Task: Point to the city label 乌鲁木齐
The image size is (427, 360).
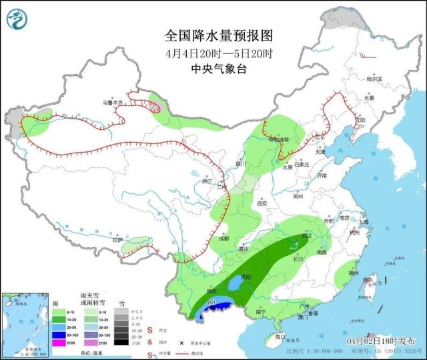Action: click(x=113, y=103)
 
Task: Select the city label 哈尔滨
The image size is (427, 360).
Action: click(x=376, y=79)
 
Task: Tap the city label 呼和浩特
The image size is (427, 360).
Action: click(x=280, y=139)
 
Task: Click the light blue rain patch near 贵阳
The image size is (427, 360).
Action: click(x=234, y=285)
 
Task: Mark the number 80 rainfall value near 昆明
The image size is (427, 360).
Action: click(x=212, y=303)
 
